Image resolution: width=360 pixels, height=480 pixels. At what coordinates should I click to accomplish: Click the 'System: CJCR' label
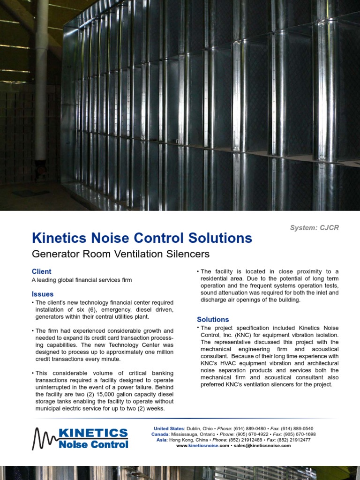[314, 228]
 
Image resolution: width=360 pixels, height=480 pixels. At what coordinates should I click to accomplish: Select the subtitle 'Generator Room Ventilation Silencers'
[120, 254]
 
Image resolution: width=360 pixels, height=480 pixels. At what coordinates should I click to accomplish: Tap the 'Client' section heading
[41, 271]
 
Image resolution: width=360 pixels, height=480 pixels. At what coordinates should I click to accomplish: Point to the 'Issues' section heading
[43, 294]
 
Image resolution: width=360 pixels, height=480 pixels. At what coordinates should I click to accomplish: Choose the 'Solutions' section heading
[213, 319]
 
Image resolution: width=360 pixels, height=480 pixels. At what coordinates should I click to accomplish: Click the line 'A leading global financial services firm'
[82, 280]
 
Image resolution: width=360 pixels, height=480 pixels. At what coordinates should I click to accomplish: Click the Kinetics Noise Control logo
[80, 438]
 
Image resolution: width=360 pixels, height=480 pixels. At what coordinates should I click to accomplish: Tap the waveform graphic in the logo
[45, 439]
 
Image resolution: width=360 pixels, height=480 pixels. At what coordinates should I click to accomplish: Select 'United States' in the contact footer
[169, 428]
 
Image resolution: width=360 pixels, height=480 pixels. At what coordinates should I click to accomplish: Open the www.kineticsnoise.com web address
[202, 446]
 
